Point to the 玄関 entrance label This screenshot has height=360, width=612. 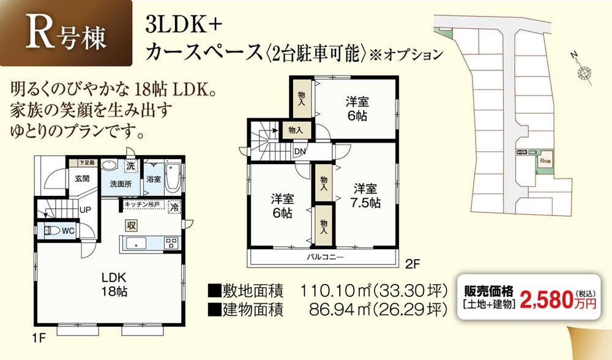[83, 179]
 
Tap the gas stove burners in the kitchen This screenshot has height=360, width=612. [171, 242]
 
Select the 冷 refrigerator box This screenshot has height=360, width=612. [175, 207]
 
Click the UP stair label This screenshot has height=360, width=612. [85, 210]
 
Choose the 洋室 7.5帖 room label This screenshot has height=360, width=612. [365, 195]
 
